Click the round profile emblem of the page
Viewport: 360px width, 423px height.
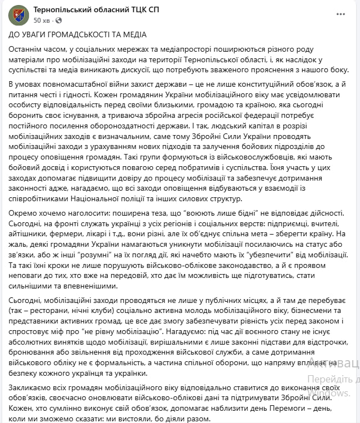(x=18, y=15)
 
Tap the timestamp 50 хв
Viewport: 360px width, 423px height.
(x=42, y=21)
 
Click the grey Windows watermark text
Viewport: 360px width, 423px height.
(x=333, y=393)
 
